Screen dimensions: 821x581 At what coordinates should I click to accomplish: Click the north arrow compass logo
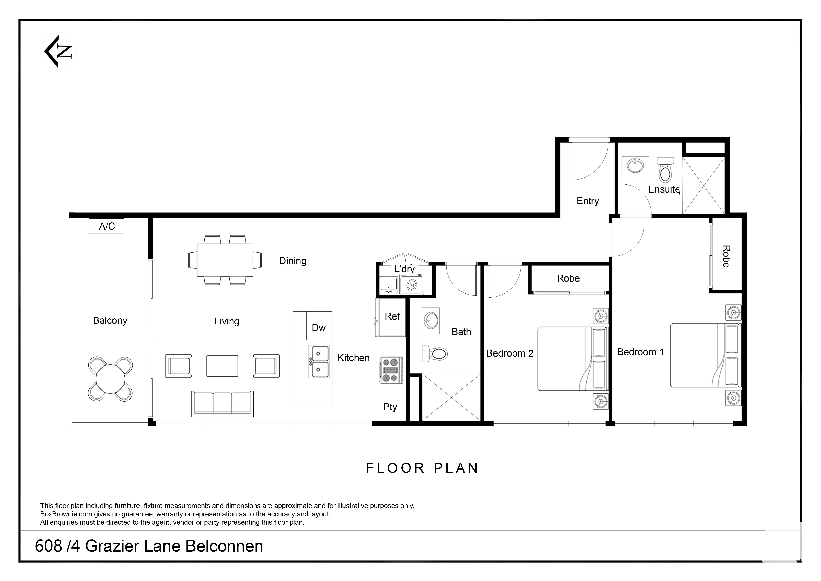click(58, 52)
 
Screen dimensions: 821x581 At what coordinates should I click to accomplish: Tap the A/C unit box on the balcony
click(106, 226)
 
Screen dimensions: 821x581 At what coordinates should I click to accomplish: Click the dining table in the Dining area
click(225, 260)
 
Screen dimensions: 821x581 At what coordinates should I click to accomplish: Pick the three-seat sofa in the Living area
click(222, 404)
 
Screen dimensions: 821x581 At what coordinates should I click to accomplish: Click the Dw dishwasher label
click(319, 328)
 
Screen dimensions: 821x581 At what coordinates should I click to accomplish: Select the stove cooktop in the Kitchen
click(391, 370)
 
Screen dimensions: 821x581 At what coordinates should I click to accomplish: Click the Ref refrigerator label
click(392, 316)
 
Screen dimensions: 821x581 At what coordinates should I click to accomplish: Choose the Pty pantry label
click(390, 407)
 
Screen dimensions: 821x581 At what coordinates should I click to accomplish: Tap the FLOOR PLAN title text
click(422, 468)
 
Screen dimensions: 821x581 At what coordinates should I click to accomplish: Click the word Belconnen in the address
click(225, 546)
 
